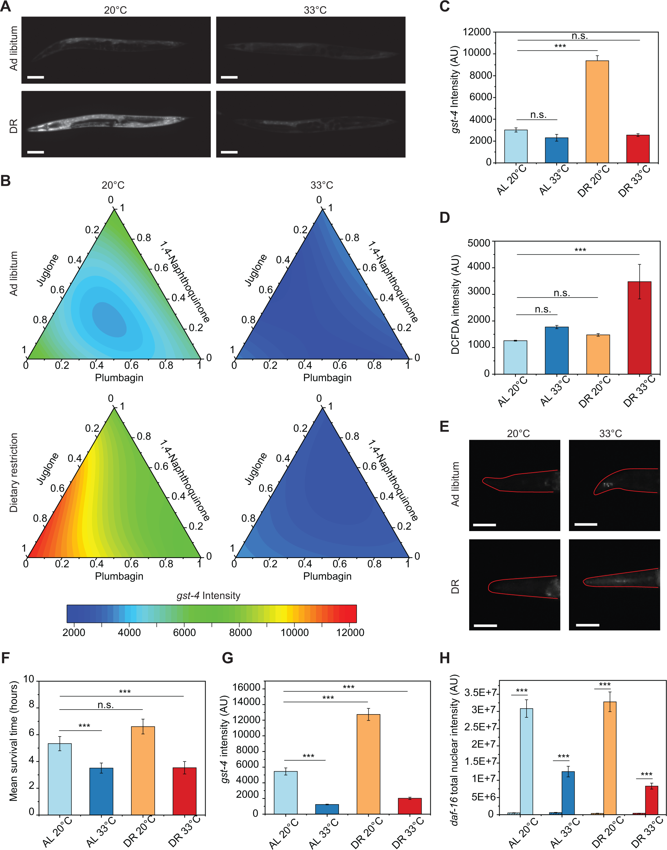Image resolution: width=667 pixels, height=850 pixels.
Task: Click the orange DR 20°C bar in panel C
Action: (597, 112)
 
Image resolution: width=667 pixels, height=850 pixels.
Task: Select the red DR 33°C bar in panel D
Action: (639, 328)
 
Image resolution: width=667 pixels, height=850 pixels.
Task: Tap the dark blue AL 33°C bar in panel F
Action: (101, 791)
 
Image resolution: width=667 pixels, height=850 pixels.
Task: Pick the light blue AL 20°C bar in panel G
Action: (285, 793)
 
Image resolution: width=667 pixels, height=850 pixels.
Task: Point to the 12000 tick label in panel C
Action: (477, 32)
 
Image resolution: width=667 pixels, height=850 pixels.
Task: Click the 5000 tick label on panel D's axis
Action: (478, 243)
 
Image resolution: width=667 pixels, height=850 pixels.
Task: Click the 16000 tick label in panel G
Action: (246, 687)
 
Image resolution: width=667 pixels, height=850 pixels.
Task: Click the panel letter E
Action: (444, 426)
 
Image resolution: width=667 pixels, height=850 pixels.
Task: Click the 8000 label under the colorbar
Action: (240, 633)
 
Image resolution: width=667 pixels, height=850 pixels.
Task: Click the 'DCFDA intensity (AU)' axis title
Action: (455, 305)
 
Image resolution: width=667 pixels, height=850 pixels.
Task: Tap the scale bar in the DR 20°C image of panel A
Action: (35, 152)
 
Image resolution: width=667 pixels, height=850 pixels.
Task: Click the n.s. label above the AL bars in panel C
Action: (538, 115)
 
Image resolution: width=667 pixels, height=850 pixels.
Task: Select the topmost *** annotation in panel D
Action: (580, 250)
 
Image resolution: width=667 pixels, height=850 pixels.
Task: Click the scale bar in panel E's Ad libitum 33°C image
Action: (586, 524)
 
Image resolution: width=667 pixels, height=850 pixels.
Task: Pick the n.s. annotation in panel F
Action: (105, 705)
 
